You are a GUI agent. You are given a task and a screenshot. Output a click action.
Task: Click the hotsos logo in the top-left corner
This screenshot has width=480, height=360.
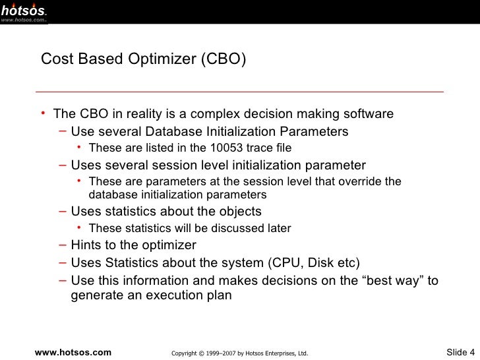pos(24,11)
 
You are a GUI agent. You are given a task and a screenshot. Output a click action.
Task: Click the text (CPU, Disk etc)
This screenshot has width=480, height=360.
pos(314,262)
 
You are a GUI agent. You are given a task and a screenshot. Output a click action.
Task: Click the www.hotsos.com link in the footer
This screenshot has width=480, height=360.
pos(73,352)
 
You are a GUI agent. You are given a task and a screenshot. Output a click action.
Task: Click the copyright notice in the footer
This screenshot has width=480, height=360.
pos(239,353)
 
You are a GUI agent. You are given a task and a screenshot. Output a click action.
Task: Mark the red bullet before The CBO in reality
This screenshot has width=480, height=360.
pos(43,113)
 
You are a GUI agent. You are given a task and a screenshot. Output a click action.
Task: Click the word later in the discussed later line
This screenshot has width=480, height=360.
pos(278,229)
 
